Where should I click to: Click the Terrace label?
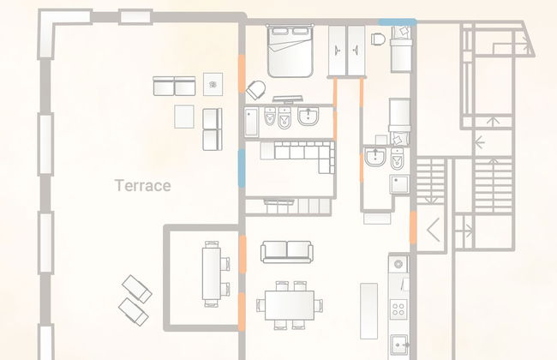(x=142, y=185)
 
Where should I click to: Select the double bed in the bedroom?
(x=290, y=51)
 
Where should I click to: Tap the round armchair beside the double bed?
(x=255, y=90)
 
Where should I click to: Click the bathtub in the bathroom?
(x=251, y=122)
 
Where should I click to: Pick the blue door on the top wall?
(x=397, y=22)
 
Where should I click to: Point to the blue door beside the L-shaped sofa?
(x=242, y=168)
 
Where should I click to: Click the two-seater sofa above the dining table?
(x=287, y=252)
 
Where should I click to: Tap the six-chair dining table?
(x=290, y=305)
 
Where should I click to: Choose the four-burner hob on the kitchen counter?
(x=398, y=309)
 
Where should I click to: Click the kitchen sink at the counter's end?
(x=399, y=345)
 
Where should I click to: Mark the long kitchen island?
(x=368, y=311)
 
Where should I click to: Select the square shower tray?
(x=399, y=183)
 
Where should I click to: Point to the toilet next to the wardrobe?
(x=378, y=39)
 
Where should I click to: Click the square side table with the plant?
(x=213, y=84)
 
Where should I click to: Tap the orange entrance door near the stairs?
(x=413, y=227)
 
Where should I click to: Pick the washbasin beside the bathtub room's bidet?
(x=308, y=117)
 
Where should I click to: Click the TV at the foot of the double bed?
(x=287, y=99)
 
